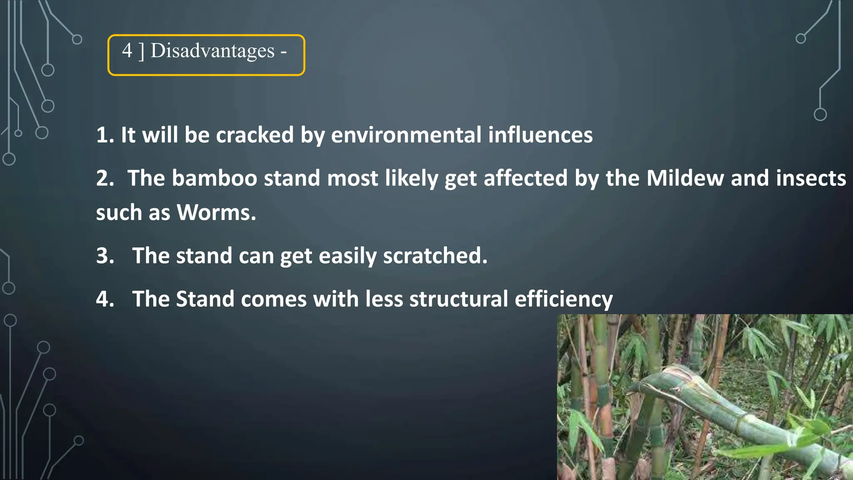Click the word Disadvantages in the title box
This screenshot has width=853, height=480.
[212, 51]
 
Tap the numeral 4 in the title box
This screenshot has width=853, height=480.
[127, 51]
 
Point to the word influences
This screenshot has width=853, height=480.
[540, 135]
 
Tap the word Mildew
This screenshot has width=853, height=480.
[685, 178]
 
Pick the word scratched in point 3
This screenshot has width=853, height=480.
[435, 255]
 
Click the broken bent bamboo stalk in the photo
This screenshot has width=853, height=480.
[708, 400]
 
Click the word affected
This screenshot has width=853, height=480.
[526, 178]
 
